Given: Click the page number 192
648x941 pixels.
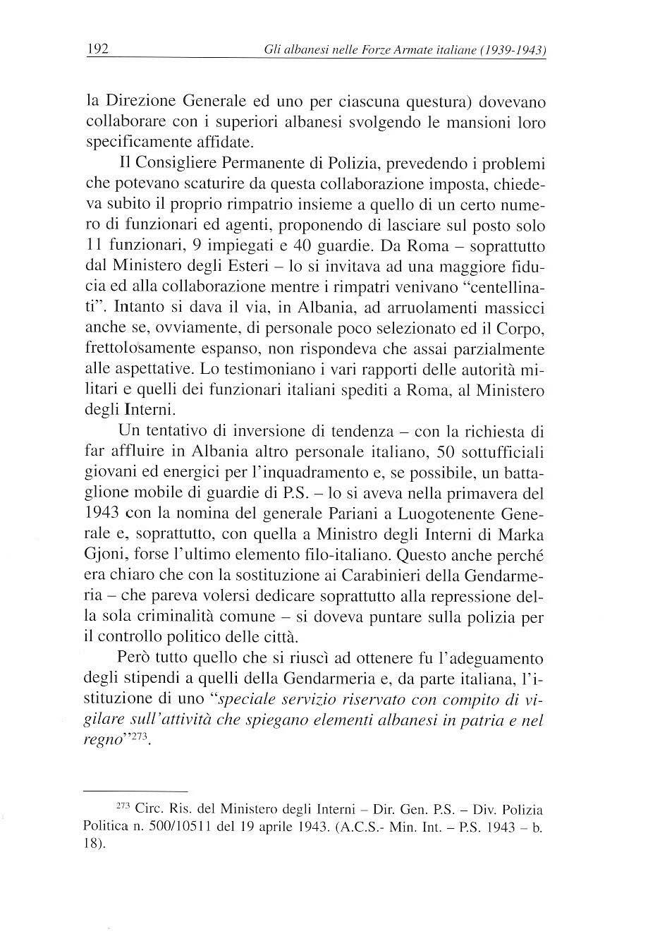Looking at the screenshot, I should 96,49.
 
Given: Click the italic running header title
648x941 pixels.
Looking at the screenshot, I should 405,51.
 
